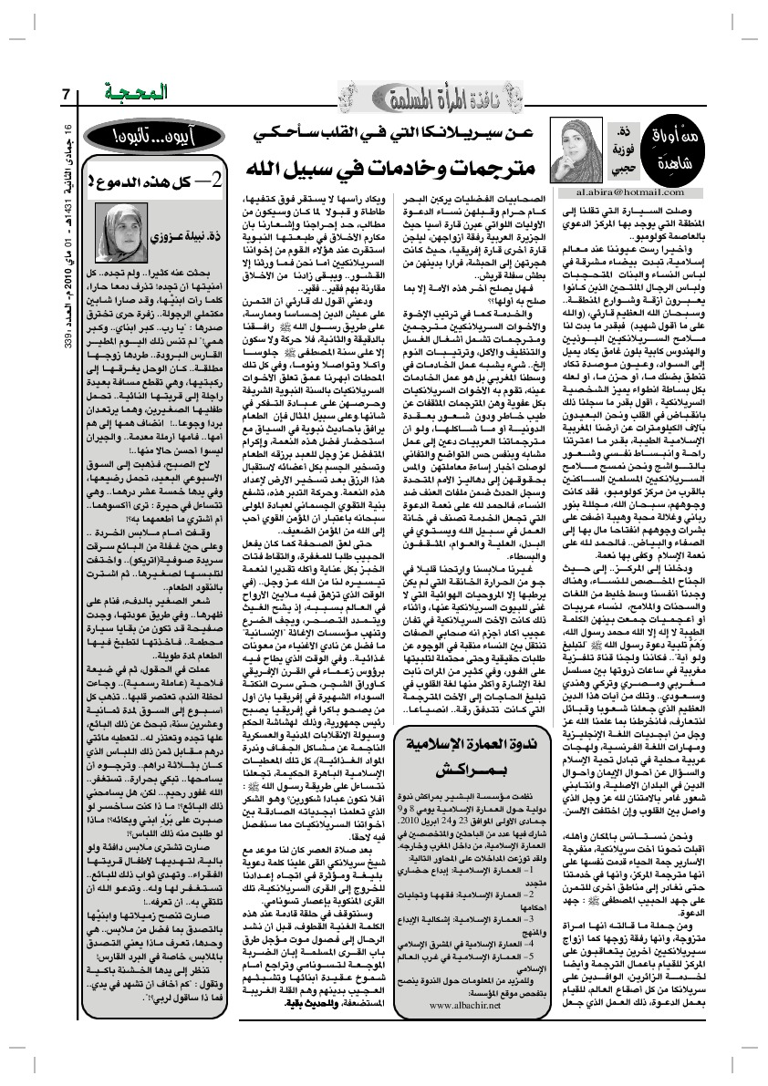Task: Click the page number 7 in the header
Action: click(67, 94)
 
